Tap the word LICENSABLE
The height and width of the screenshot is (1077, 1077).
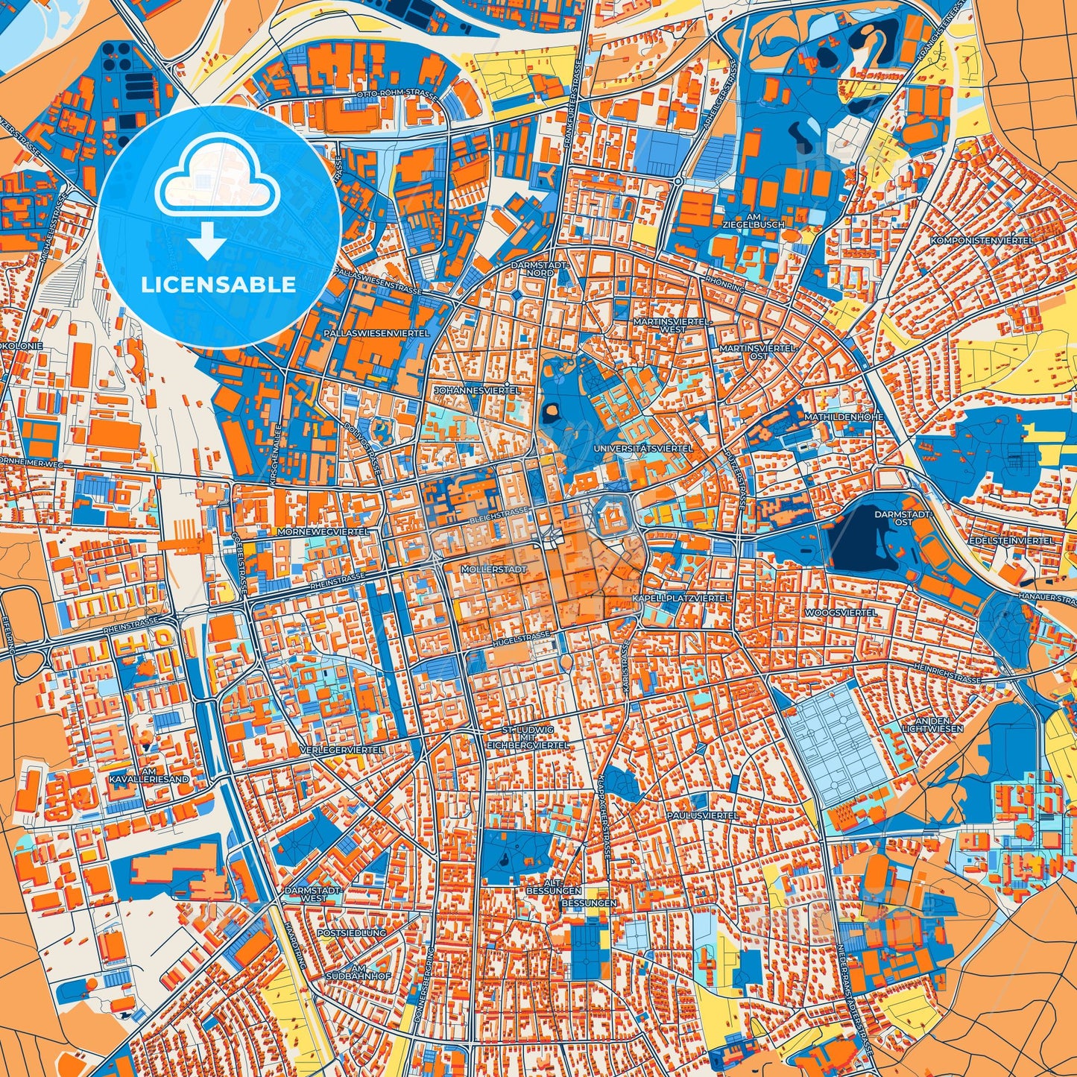click(x=219, y=284)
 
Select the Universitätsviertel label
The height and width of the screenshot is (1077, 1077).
click(x=643, y=449)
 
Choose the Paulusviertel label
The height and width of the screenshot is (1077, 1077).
click(x=702, y=815)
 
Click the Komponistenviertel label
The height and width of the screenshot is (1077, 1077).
click(x=982, y=241)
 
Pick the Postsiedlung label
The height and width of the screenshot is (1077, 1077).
click(x=351, y=932)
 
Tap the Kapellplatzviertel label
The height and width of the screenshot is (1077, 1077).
click(x=680, y=598)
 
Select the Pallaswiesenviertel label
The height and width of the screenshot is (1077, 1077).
click(x=376, y=333)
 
